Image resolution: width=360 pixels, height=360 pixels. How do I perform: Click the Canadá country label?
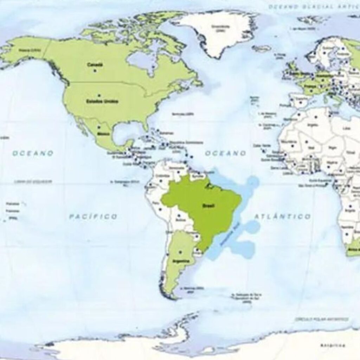95,65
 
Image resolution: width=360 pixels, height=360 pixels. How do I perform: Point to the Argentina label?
181,261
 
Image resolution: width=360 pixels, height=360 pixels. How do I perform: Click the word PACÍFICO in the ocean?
93,216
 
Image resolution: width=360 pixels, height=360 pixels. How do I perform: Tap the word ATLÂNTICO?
283,216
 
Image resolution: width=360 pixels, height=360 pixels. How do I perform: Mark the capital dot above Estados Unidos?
99,95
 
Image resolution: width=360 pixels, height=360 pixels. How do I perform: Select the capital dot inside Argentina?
180,252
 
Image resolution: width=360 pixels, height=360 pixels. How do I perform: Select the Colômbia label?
162,175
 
